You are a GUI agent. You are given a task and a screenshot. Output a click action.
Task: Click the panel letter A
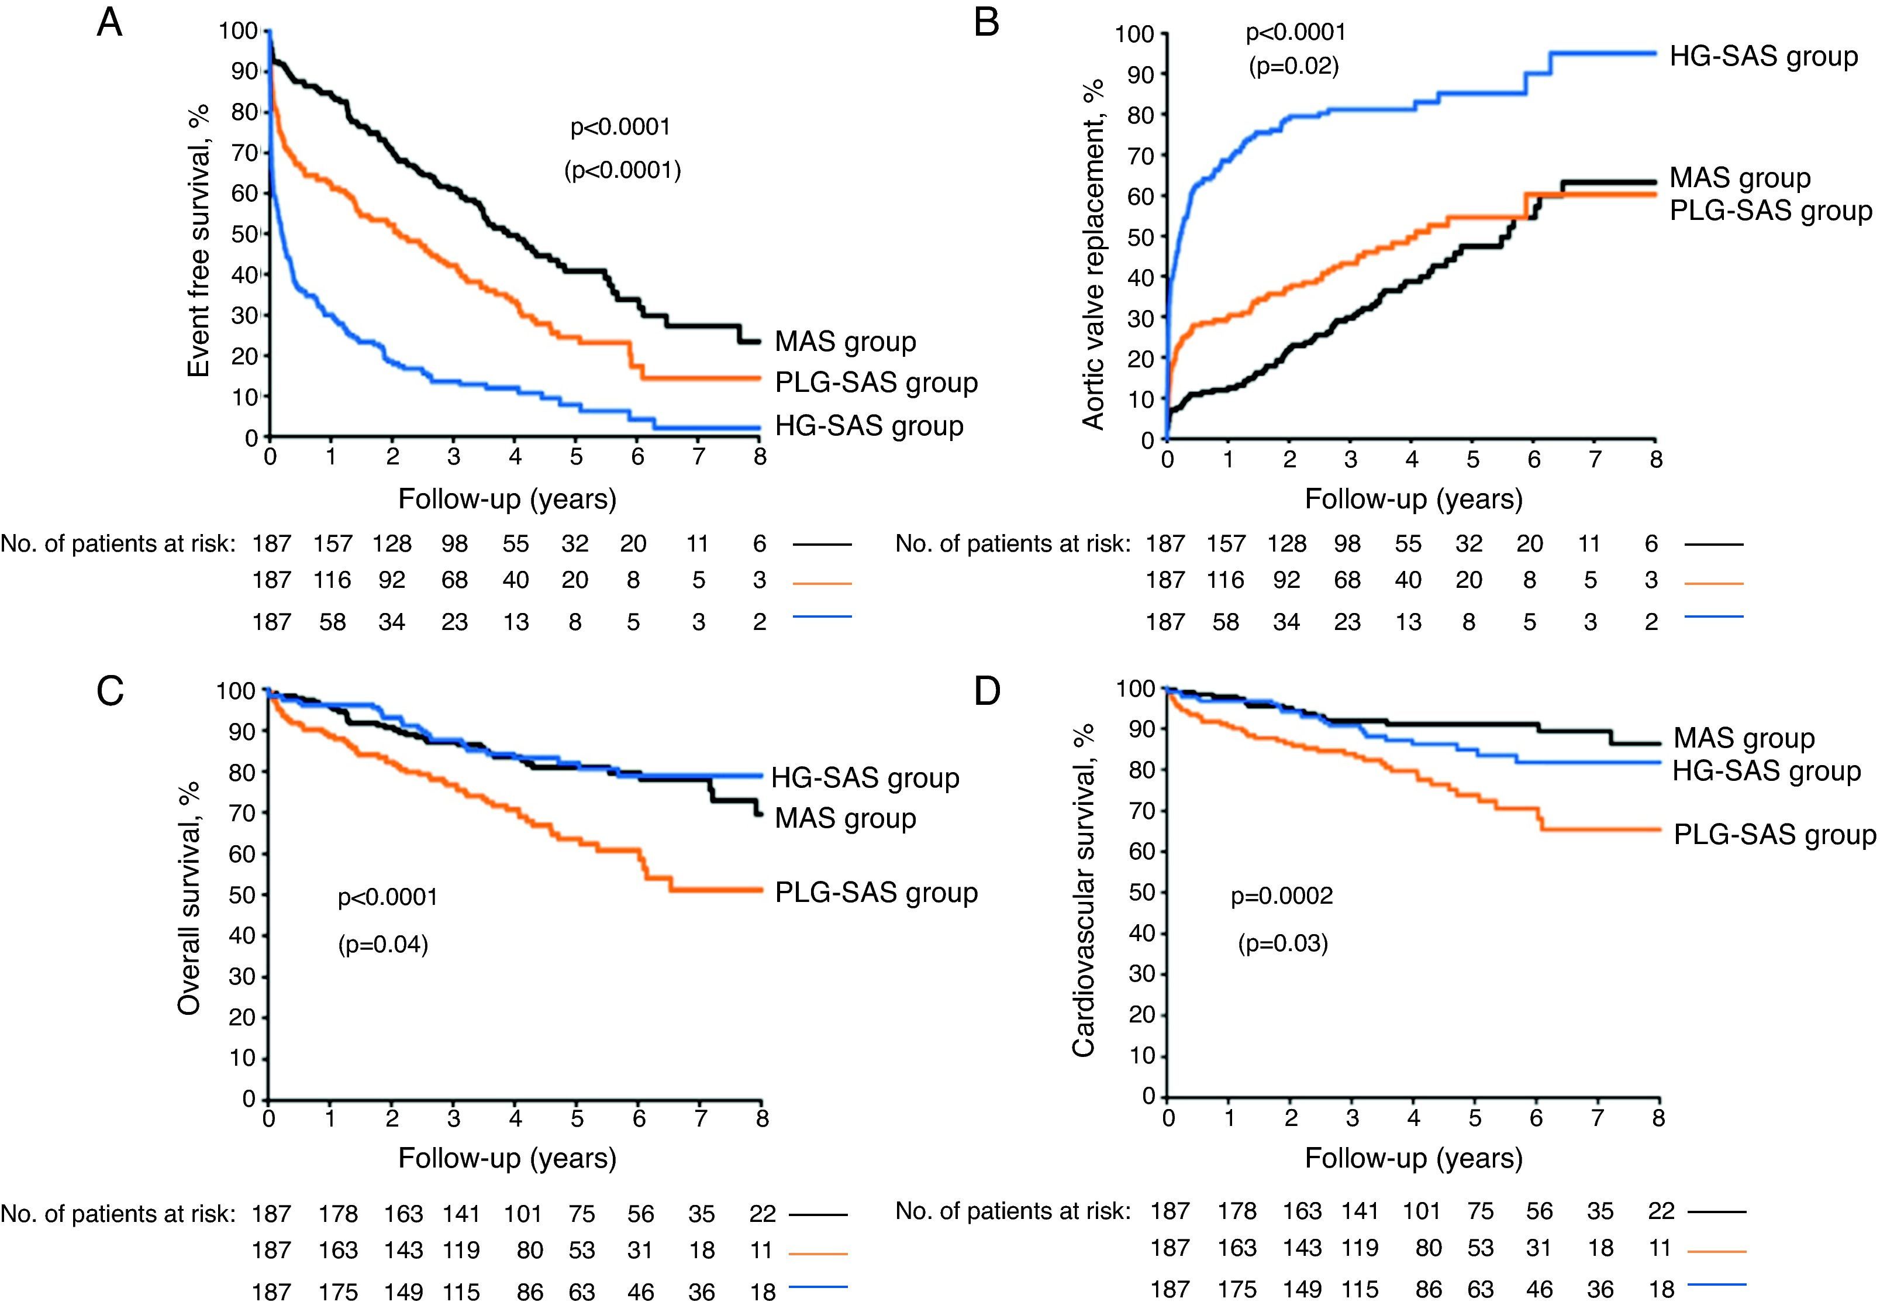tap(110, 23)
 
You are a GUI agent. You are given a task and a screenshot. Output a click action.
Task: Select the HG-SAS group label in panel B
tap(1764, 57)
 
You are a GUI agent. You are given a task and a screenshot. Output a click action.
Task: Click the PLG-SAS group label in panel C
tap(876, 892)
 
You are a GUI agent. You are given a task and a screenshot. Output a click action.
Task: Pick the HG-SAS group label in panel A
tap(869, 426)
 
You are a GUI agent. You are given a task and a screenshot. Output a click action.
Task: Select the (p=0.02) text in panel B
tap(1293, 66)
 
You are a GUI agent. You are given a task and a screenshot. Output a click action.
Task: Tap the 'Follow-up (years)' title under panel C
tap(507, 1158)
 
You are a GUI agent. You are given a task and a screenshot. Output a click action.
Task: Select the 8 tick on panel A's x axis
tap(760, 457)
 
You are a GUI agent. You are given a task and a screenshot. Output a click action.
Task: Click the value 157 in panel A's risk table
tap(333, 544)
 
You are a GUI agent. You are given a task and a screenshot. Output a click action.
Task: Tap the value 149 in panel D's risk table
tap(1302, 1290)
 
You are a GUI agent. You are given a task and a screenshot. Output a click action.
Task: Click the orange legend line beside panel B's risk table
tap(1715, 583)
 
